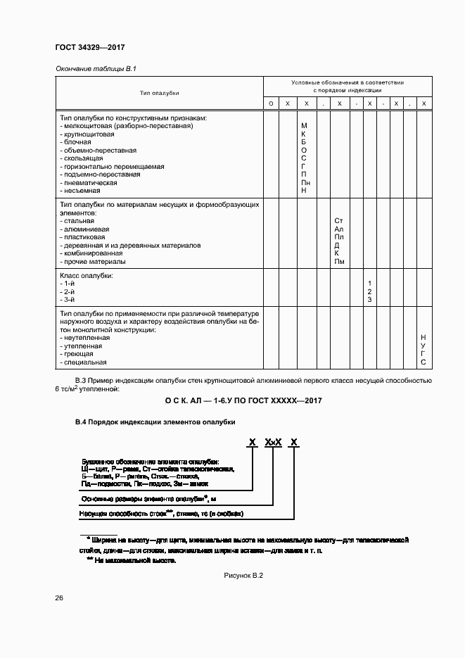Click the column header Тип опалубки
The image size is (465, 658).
click(159, 93)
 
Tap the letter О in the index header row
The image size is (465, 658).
click(271, 104)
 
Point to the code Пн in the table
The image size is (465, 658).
click(304, 182)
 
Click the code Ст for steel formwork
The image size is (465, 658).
click(339, 221)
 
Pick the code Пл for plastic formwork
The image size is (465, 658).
click(339, 237)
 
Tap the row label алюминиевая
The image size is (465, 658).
click(85, 229)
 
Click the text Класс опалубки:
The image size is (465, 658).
click(87, 275)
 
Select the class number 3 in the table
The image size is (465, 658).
click(369, 300)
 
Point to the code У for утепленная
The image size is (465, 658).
click(423, 346)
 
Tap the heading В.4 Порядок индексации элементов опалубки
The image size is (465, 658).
click(155, 422)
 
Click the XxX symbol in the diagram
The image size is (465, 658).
click(274, 442)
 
